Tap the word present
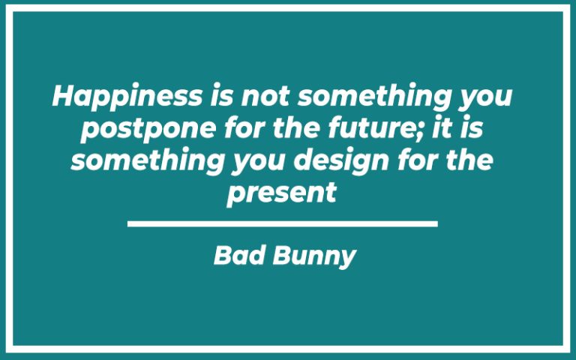coord(281,193)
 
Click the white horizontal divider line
coord(282,223)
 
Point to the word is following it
coord(472,128)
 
